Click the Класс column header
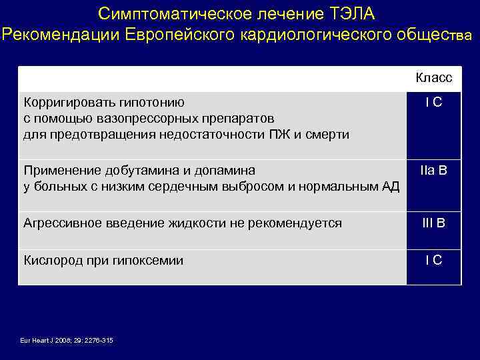click(433, 78)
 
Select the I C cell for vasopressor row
click(434, 103)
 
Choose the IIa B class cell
click(434, 171)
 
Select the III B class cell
click(434, 223)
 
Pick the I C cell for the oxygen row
click(434, 261)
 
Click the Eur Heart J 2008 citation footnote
click(67, 341)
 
